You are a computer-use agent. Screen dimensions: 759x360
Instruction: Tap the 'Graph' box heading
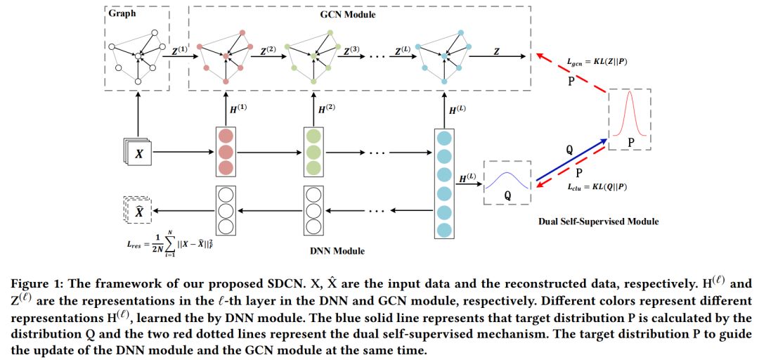pos(122,13)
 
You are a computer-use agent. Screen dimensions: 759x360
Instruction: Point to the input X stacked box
pos(138,153)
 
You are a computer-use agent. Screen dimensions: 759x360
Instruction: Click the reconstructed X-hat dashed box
pos(138,210)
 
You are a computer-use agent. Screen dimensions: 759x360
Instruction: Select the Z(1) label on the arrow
pos(181,50)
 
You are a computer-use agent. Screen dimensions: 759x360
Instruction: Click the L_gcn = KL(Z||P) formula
pos(597,63)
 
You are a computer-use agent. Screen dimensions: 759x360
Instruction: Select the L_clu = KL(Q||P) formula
pos(597,188)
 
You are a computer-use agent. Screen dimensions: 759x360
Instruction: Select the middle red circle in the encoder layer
pos(225,153)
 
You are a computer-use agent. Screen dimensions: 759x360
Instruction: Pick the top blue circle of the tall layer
pos(444,138)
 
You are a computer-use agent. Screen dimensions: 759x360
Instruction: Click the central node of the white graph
pos(138,57)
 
